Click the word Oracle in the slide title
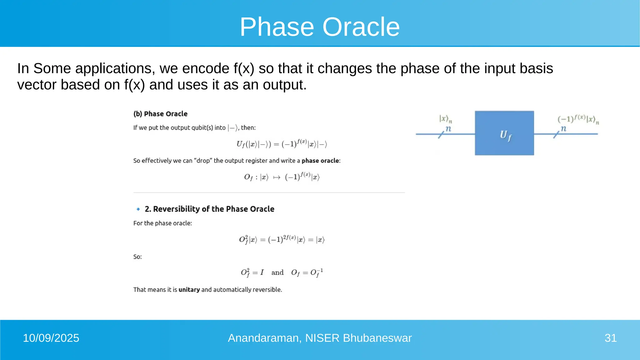[x=361, y=27]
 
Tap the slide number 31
[x=610, y=338]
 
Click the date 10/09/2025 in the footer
[x=51, y=338]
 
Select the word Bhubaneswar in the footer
[x=377, y=338]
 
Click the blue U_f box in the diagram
[x=504, y=133]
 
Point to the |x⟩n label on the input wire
[x=445, y=119]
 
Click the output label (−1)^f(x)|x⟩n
[x=578, y=119]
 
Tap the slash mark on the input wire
[x=441, y=135]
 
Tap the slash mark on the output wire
[x=556, y=135]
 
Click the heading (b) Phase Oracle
[x=160, y=114]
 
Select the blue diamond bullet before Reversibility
[x=138, y=209]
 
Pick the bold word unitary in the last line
[x=189, y=290]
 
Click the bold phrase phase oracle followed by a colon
[x=320, y=161]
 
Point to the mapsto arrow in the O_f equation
[x=277, y=177]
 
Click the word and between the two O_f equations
[x=277, y=272]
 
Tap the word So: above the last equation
[x=137, y=257]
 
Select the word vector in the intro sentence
[x=37, y=85]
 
